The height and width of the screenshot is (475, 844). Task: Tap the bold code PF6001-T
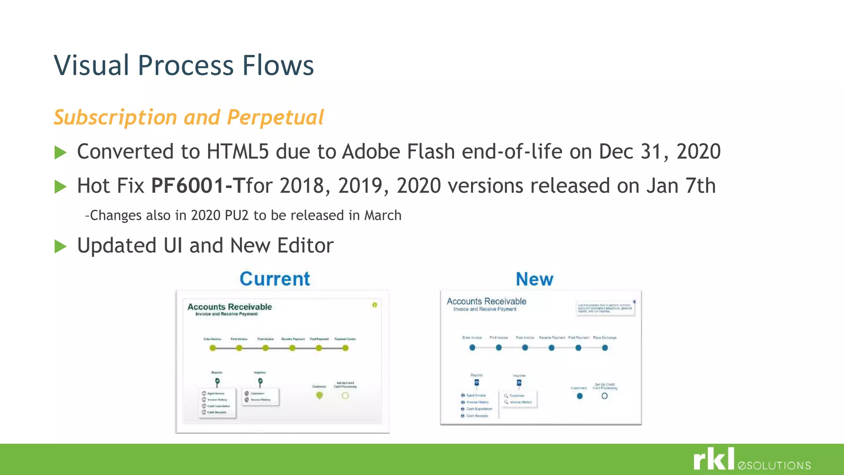(198, 186)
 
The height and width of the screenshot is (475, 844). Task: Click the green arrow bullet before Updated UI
(61, 246)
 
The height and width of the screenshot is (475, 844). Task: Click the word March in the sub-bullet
(383, 215)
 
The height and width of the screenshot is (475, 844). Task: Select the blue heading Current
(275, 279)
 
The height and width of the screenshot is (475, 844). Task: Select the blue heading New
(535, 279)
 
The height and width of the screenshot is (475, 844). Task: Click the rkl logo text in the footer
(714, 459)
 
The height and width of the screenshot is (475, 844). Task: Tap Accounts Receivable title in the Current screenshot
(230, 307)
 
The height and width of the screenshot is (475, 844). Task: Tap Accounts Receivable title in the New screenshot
(486, 301)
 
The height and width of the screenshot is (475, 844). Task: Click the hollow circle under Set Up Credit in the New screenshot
(605, 396)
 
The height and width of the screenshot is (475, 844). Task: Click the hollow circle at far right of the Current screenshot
(345, 396)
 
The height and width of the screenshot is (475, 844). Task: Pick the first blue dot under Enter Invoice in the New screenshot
(472, 348)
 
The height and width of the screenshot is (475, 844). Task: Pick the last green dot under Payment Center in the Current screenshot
(345, 348)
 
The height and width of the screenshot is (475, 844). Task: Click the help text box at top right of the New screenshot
(605, 308)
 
